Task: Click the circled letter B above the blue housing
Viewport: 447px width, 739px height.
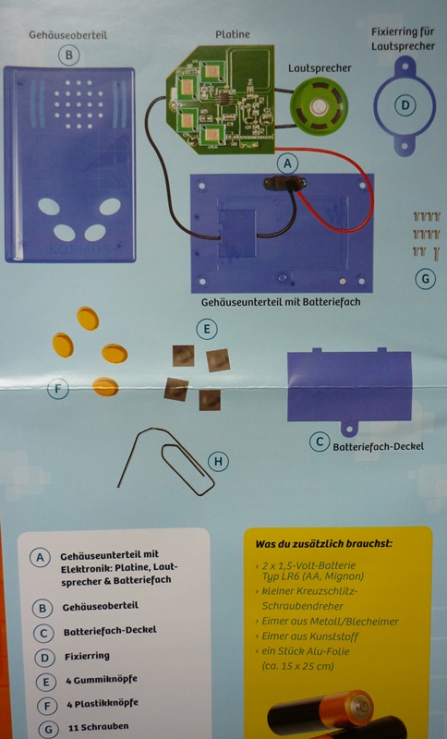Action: [68, 55]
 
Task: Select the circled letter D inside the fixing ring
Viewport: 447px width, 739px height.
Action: [405, 104]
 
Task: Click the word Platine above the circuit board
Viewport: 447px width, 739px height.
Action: [232, 34]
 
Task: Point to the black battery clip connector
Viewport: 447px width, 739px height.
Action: [284, 182]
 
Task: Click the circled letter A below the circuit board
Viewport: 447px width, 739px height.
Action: [288, 164]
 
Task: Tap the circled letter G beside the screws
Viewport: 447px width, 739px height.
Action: [426, 279]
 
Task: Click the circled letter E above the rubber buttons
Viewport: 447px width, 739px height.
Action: [207, 329]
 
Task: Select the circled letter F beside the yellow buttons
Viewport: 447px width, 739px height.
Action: [58, 389]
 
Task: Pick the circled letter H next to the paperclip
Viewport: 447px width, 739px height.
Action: [218, 461]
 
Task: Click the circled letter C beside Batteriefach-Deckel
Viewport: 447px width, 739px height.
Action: [320, 442]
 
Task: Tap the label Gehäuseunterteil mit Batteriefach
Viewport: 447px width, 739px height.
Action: [281, 302]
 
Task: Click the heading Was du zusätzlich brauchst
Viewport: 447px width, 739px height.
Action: [323, 543]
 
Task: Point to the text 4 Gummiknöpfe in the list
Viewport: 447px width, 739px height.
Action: [102, 680]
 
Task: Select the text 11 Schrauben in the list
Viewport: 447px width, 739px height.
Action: [98, 727]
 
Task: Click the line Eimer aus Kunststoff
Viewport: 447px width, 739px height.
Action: [310, 636]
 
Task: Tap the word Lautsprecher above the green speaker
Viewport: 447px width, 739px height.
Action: [320, 68]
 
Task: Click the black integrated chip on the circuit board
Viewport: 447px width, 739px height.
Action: [223, 99]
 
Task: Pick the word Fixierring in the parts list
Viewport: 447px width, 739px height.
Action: [87, 656]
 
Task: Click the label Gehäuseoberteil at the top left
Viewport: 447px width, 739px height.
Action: [67, 35]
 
